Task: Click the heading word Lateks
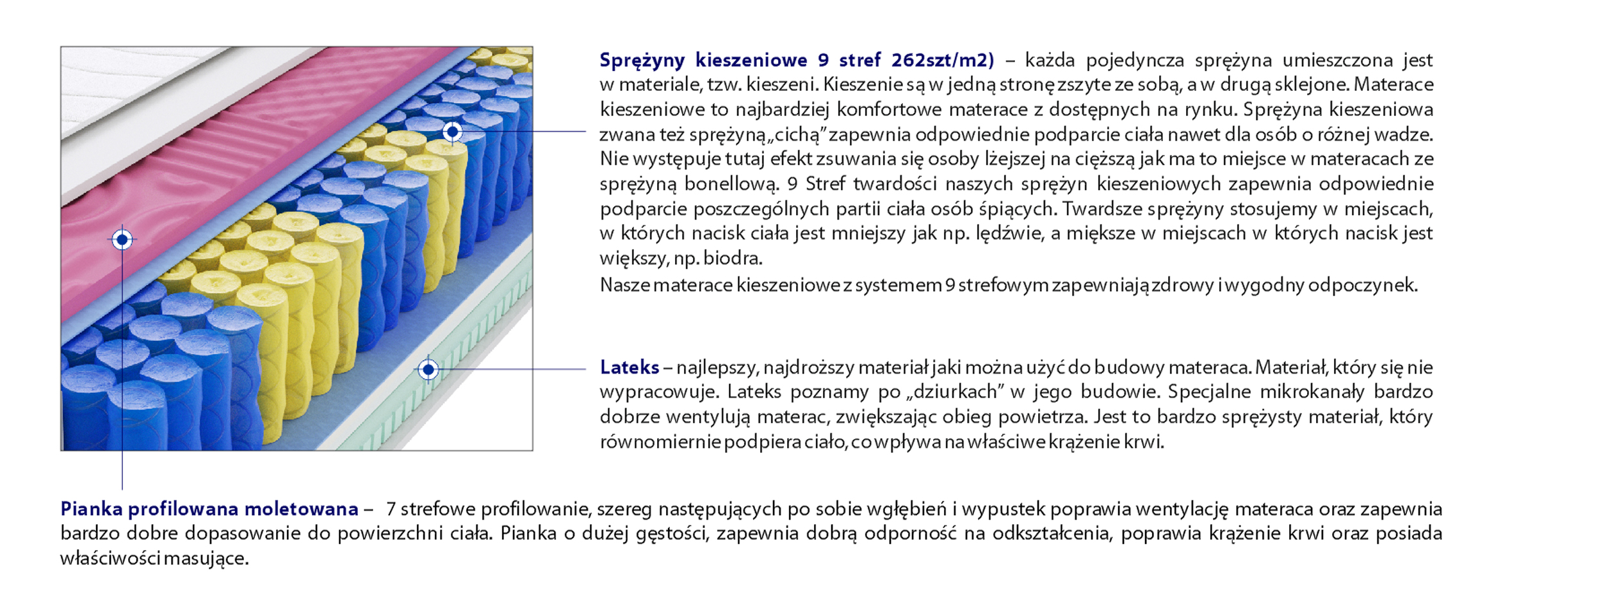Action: tap(629, 367)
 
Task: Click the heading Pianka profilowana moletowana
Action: tap(209, 509)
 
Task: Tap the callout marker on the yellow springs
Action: tap(452, 132)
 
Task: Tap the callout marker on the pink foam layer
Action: tap(122, 240)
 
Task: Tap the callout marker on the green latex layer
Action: tap(428, 369)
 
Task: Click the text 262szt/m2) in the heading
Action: tap(943, 60)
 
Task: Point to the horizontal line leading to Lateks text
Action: tap(512, 369)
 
